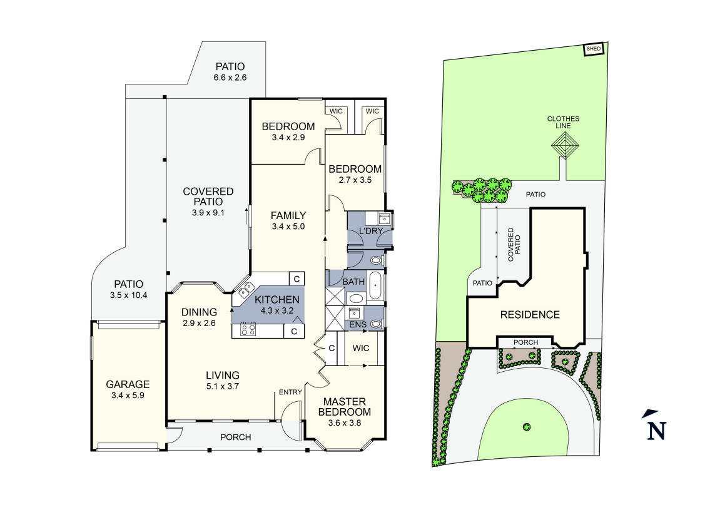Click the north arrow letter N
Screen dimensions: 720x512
coord(656,431)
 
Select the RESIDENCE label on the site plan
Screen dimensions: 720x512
coord(529,315)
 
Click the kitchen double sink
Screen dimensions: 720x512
coord(244,289)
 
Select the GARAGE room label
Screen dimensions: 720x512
coord(128,384)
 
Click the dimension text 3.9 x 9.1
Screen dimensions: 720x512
coord(208,213)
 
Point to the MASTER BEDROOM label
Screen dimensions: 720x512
coord(344,407)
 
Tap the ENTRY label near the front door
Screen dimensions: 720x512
coord(291,392)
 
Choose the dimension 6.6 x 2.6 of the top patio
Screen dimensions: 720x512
coord(230,78)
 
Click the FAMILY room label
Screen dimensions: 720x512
coord(288,216)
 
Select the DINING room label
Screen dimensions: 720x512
coord(199,312)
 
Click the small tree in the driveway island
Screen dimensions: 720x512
coord(527,427)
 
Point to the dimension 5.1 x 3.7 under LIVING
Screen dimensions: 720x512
coord(223,386)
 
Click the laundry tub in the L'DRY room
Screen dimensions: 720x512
coord(384,218)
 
